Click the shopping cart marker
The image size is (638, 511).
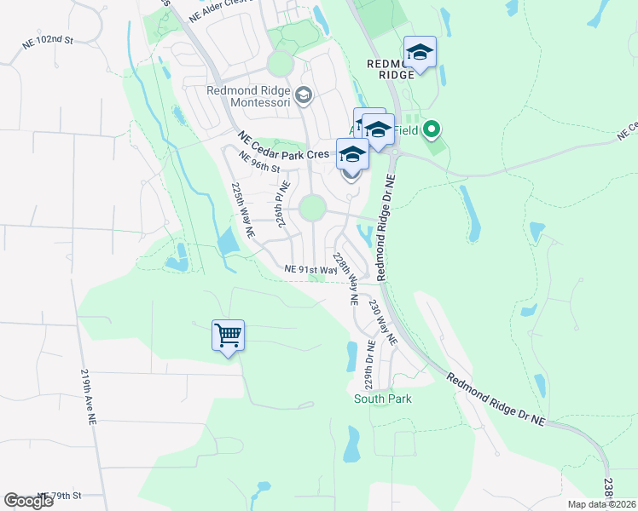coord(229,336)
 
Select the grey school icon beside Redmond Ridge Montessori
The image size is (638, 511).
coord(303,96)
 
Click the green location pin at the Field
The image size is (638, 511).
coord(432,130)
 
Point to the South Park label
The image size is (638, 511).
coord(383,399)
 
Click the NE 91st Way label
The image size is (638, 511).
coord(305,268)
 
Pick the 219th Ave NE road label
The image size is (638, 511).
coord(89,397)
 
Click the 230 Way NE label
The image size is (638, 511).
coord(382,320)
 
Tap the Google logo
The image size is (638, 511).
coord(29,501)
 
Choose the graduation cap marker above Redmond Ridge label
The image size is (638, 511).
coord(420,52)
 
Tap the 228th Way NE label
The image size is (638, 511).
coord(345,278)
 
